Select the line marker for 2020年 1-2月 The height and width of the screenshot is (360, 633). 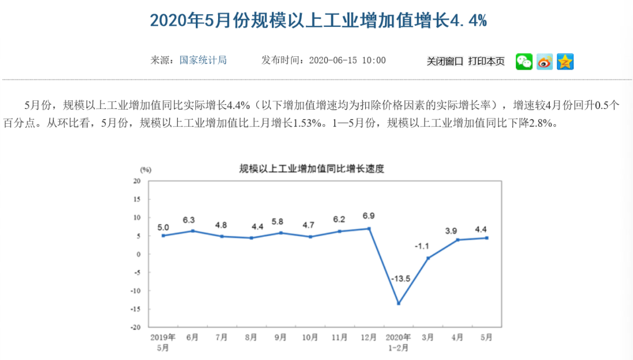[x=399, y=303]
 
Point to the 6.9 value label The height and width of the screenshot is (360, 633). [x=369, y=216]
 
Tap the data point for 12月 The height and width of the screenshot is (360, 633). [x=369, y=229]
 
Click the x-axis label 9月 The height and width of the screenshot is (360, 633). [x=281, y=337]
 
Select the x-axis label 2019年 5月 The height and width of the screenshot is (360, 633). [x=163, y=342]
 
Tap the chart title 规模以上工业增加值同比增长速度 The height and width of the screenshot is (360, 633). [x=311, y=169]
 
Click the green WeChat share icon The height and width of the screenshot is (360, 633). [x=524, y=62]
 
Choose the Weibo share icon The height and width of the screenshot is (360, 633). [x=544, y=62]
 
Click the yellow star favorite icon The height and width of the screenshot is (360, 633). [x=565, y=62]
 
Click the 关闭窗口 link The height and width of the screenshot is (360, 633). [x=445, y=61]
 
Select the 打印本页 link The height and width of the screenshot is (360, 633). [x=486, y=61]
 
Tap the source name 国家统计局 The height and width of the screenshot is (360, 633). [x=203, y=60]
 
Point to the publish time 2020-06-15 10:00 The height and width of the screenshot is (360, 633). [x=347, y=60]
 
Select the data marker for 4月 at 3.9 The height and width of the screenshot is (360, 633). [x=457, y=240]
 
